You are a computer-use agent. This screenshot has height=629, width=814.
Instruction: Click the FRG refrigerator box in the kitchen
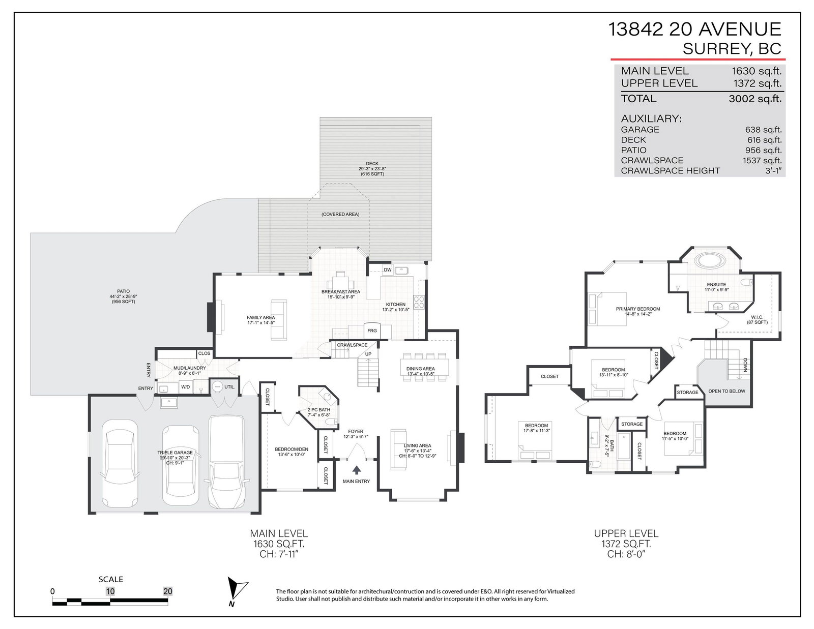click(x=371, y=331)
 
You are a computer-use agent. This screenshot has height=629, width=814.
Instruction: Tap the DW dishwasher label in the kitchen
click(x=387, y=270)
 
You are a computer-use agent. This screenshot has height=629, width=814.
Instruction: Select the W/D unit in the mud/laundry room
click(x=185, y=387)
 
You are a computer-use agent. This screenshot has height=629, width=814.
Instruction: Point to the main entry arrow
click(x=356, y=470)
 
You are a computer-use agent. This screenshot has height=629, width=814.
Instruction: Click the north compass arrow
click(x=237, y=589)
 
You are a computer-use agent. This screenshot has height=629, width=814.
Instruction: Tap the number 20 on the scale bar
click(x=167, y=591)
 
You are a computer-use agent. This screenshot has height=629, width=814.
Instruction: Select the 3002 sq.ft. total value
click(x=755, y=99)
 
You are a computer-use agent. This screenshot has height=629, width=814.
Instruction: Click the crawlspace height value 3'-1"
click(x=773, y=171)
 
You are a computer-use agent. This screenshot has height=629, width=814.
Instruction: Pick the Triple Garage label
click(x=175, y=453)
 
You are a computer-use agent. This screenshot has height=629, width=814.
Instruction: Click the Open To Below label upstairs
click(x=726, y=391)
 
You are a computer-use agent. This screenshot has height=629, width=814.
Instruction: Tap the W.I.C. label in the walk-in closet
click(x=757, y=317)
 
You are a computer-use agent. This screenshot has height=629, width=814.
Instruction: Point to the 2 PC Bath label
click(x=319, y=410)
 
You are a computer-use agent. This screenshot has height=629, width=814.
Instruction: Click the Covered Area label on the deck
click(x=340, y=215)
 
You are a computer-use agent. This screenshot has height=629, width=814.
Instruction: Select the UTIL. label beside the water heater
click(x=229, y=387)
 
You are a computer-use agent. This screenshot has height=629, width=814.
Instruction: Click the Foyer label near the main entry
click(x=356, y=431)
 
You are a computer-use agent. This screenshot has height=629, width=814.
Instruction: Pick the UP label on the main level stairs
click(x=368, y=354)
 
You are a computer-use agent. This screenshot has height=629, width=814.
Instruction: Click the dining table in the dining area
click(x=424, y=367)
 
